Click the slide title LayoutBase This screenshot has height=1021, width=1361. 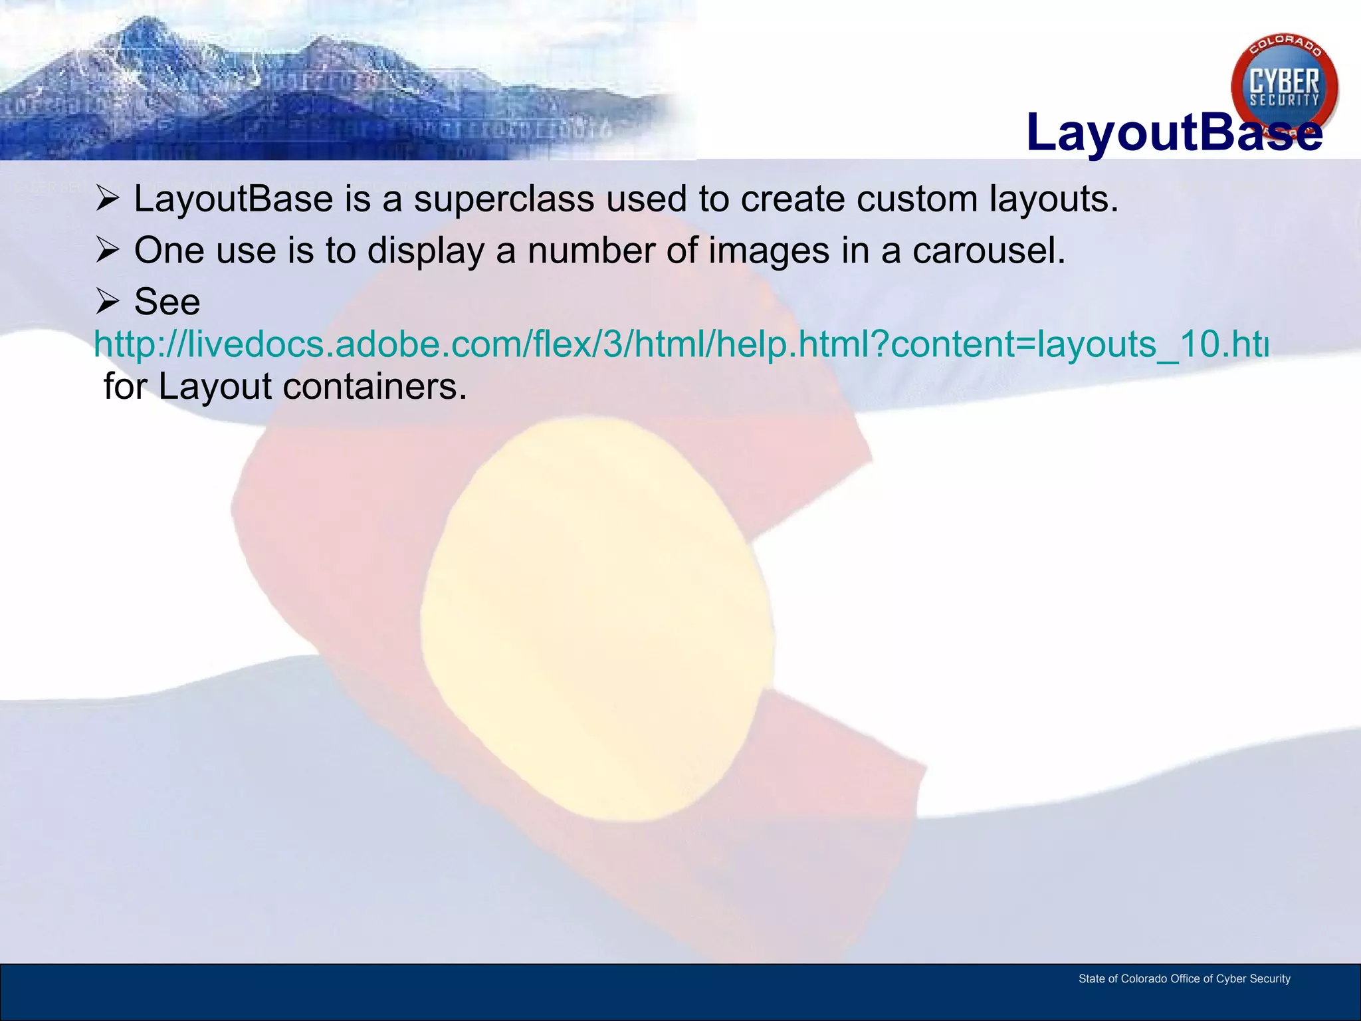pyautogui.click(x=1174, y=133)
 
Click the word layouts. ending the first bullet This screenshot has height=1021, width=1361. pyautogui.click(x=1054, y=199)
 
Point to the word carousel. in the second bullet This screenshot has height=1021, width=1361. pyautogui.click(x=989, y=251)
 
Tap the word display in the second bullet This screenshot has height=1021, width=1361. pyautogui.click(x=426, y=251)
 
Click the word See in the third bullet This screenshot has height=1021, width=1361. pyautogui.click(x=167, y=302)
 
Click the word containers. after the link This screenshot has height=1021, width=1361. pyautogui.click(x=375, y=387)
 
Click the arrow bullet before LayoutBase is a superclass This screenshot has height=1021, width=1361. pyautogui.click(x=107, y=199)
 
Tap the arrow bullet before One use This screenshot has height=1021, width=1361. pyautogui.click(x=107, y=251)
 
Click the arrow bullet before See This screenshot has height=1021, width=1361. pyautogui.click(x=107, y=302)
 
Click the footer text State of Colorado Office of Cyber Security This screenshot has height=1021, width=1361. pyautogui.click(x=1184, y=978)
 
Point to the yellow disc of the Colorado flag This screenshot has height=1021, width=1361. pyautogui.click(x=597, y=618)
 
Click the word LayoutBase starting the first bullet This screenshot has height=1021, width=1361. pyautogui.click(x=233, y=199)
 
